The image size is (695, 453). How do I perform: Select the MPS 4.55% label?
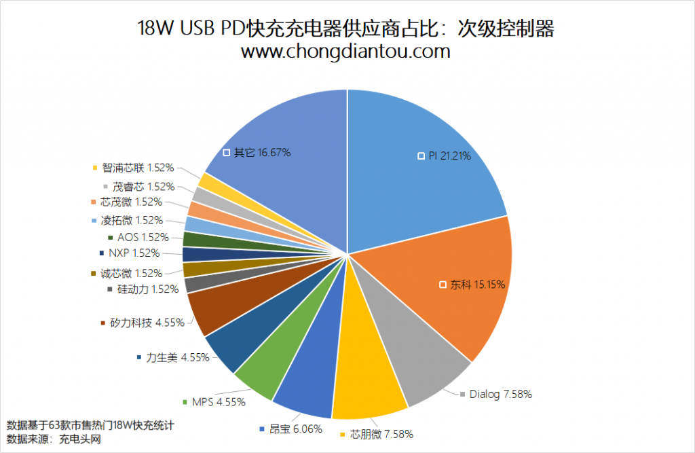pyautogui.click(x=219, y=401)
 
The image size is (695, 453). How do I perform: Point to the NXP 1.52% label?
pyautogui.click(x=134, y=253)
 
